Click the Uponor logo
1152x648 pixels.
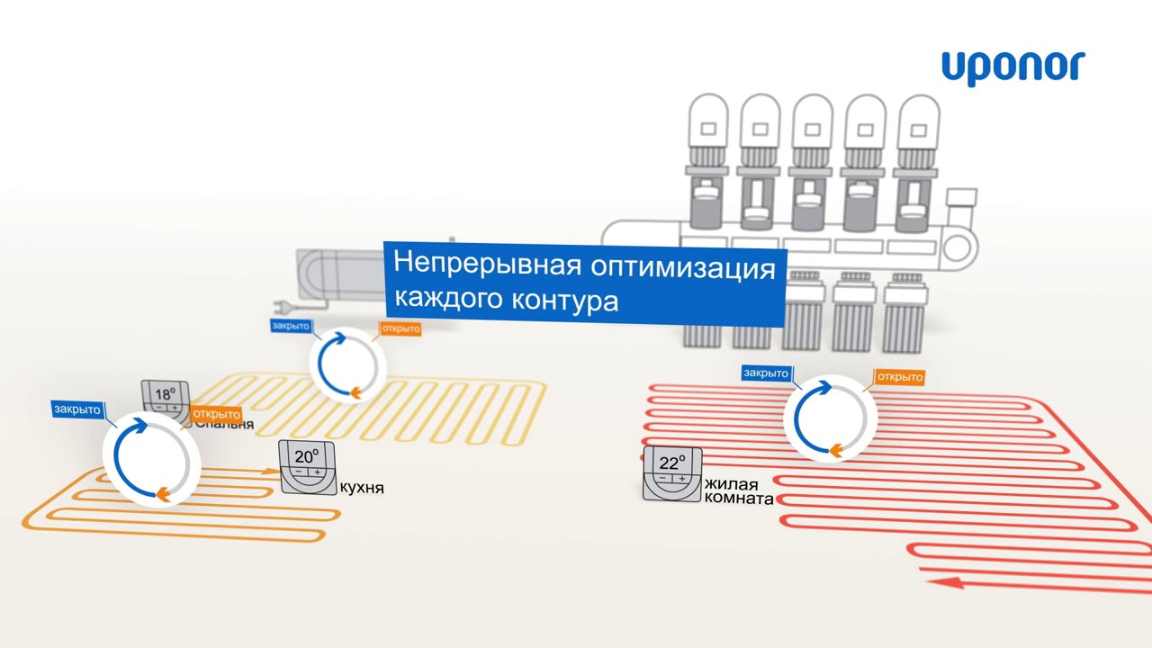coord(1012,67)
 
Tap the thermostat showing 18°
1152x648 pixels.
coord(166,400)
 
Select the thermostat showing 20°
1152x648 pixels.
coord(308,466)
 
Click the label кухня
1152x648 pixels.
coord(362,488)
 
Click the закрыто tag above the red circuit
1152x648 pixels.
coord(766,373)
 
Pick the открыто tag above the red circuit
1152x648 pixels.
coord(899,376)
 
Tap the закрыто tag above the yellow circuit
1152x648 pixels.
coord(290,326)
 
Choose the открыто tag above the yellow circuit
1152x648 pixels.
coord(400,328)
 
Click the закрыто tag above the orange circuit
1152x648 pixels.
coord(77,409)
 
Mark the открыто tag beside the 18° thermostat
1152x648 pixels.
coord(216,414)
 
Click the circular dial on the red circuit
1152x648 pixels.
coord(830,419)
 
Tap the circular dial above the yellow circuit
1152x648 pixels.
coord(347,364)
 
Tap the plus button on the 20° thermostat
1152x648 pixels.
coord(317,472)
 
